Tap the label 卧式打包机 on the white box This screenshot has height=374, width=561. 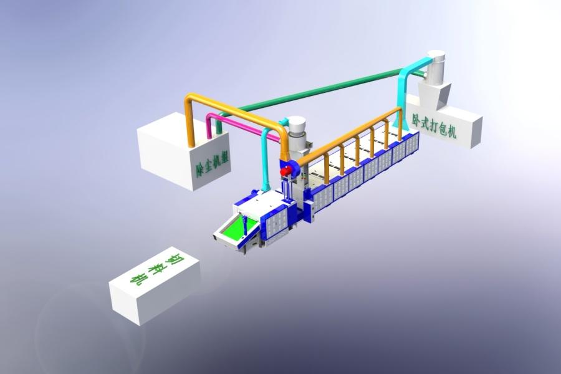pyautogui.click(x=434, y=126)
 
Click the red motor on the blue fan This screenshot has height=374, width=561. pyautogui.click(x=285, y=172)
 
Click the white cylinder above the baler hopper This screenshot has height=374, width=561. pyautogui.click(x=436, y=68)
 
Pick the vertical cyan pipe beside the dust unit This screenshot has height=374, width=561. pyautogui.click(x=265, y=161)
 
